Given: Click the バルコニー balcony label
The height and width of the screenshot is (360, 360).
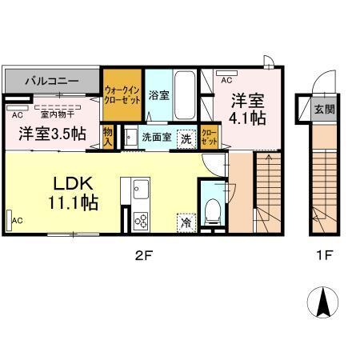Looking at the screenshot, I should point(51,81).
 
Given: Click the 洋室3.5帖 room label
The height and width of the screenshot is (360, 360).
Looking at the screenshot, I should point(52,134).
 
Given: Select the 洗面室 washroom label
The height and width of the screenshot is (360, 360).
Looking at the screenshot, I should point(156,137).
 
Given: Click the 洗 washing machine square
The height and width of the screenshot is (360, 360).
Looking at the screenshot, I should point(186,137).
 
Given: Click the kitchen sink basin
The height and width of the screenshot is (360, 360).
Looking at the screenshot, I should point(142,191).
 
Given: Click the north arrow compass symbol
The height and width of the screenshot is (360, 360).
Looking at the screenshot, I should point(325,303).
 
